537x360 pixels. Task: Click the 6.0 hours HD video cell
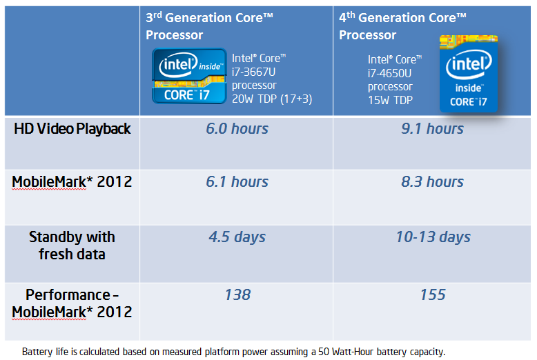point(237,129)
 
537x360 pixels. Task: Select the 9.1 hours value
point(433,129)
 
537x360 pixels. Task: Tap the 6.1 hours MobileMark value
point(237,182)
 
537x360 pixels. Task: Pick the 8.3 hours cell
point(433,182)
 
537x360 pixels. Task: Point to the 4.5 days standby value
point(237,237)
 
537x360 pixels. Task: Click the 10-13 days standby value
point(433,237)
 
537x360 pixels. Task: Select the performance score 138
point(237,295)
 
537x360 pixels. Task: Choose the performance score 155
point(433,295)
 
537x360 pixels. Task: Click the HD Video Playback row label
point(72,129)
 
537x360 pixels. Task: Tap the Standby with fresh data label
point(72,245)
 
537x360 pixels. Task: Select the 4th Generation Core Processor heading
point(402,26)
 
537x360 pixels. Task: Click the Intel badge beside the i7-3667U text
point(189,76)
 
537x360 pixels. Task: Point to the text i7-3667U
point(254,72)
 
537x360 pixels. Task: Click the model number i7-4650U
point(391,74)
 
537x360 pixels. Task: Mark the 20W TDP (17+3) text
point(272,99)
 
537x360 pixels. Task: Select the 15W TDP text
point(391,101)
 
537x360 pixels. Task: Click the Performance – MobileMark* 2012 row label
point(72,303)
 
